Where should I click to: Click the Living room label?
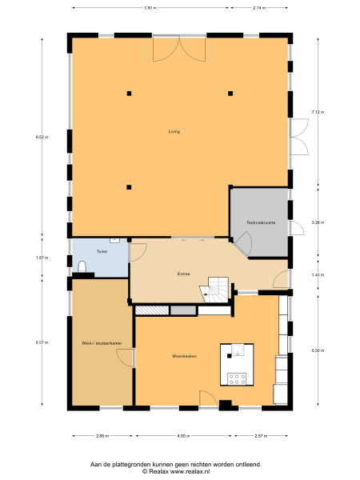pyautogui.click(x=174, y=131)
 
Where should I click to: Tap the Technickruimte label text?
pyautogui.click(x=261, y=222)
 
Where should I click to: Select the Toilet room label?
pyautogui.click(x=102, y=252)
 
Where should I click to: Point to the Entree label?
pyautogui.click(x=183, y=274)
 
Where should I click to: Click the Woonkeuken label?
pyautogui.click(x=184, y=355)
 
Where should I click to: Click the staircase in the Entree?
pyautogui.click(x=218, y=291)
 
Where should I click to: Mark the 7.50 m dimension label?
pyautogui.click(x=150, y=7)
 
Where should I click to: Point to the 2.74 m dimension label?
pyautogui.click(x=258, y=7)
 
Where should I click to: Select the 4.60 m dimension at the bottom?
pyautogui.click(x=183, y=436)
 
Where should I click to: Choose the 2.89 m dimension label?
pyautogui.click(x=102, y=436)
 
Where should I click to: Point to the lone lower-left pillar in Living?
pyautogui.click(x=128, y=187)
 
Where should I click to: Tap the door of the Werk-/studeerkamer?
pyautogui.click(x=125, y=358)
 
